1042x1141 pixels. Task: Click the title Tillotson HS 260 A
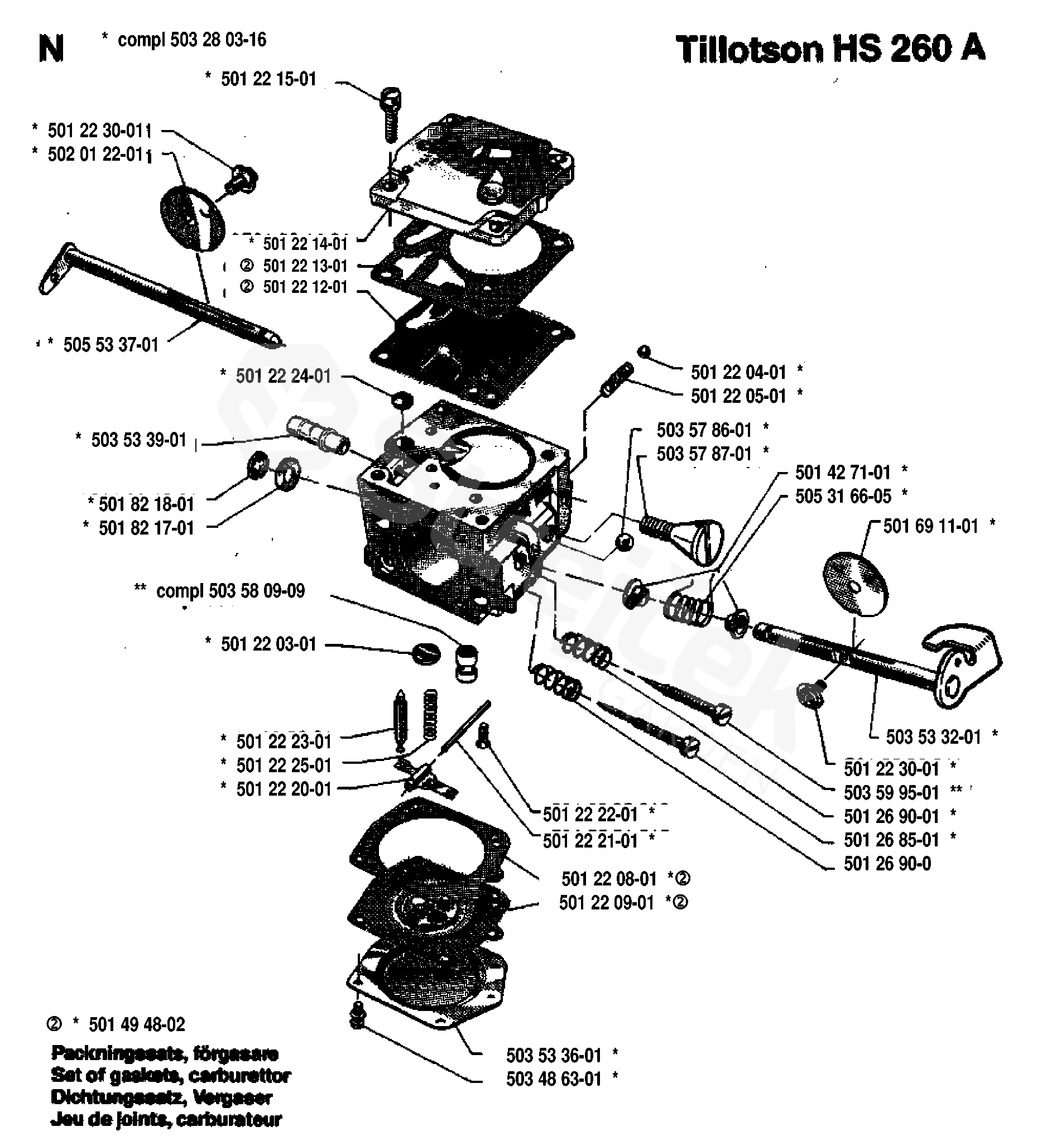[830, 49]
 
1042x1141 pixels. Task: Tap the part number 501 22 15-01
[268, 79]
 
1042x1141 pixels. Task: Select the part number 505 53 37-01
[111, 345]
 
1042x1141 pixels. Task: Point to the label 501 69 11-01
[930, 526]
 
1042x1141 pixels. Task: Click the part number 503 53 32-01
[933, 737]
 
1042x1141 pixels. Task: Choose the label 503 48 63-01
[554, 1079]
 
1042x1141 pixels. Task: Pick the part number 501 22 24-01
[283, 377]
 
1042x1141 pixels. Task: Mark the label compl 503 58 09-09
[231, 591]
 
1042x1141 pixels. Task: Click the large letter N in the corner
[51, 49]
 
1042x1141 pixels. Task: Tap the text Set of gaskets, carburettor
[171, 1075]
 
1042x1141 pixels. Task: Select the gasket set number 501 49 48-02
[137, 1025]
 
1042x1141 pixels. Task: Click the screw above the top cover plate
[390, 113]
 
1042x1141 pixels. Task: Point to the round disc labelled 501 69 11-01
[854, 584]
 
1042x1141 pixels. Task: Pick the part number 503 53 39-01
[138, 440]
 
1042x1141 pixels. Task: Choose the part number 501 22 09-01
[606, 903]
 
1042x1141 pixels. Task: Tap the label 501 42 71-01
[843, 473]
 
